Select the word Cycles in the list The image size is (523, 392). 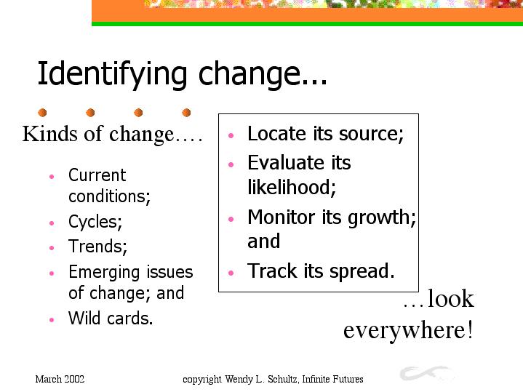[x=95, y=222]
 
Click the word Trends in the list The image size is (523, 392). [x=97, y=247]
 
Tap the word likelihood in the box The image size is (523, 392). [x=292, y=187]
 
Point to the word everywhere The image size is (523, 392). [x=408, y=330]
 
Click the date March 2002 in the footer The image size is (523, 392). [x=60, y=379]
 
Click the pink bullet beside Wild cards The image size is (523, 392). [x=52, y=319]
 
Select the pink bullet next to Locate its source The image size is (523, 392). [x=231, y=135]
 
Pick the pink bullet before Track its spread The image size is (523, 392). [x=231, y=273]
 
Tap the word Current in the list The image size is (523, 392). [x=97, y=175]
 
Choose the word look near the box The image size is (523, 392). [x=450, y=298]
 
